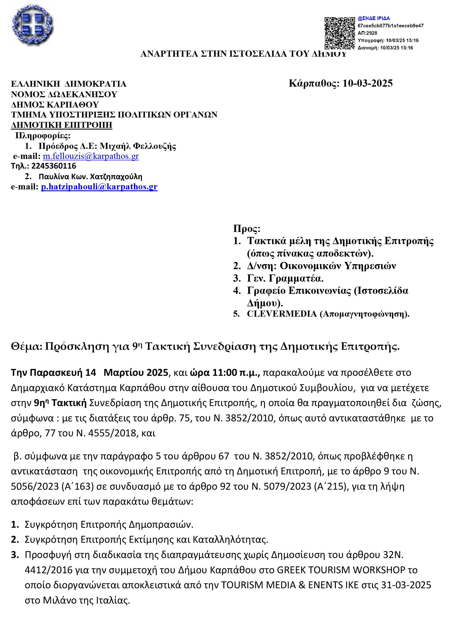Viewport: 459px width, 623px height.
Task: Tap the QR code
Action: (x=339, y=33)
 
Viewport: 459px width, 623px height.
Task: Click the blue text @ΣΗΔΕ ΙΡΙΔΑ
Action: (x=374, y=18)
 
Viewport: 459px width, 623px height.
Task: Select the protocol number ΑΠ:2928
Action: (x=367, y=33)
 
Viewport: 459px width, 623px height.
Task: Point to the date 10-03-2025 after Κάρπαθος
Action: (x=367, y=83)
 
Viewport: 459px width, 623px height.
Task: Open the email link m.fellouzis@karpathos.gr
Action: (x=90, y=156)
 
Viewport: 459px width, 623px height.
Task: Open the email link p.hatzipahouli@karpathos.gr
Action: (x=99, y=187)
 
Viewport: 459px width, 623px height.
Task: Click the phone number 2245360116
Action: (x=54, y=166)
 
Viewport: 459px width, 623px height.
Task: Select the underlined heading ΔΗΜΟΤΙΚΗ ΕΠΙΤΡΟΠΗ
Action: (x=61, y=125)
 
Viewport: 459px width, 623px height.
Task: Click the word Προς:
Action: (x=247, y=229)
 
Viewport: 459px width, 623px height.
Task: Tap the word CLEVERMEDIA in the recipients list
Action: (x=282, y=314)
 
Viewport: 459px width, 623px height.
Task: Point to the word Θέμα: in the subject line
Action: (x=26, y=346)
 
